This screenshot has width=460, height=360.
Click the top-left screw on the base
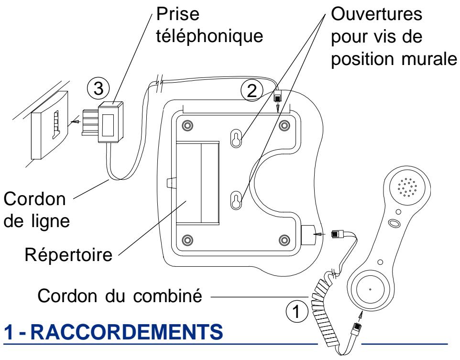[187, 125]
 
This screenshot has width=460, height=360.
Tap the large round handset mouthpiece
[370, 290]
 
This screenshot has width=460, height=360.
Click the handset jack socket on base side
[307, 234]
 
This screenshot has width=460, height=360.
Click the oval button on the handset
[394, 223]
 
